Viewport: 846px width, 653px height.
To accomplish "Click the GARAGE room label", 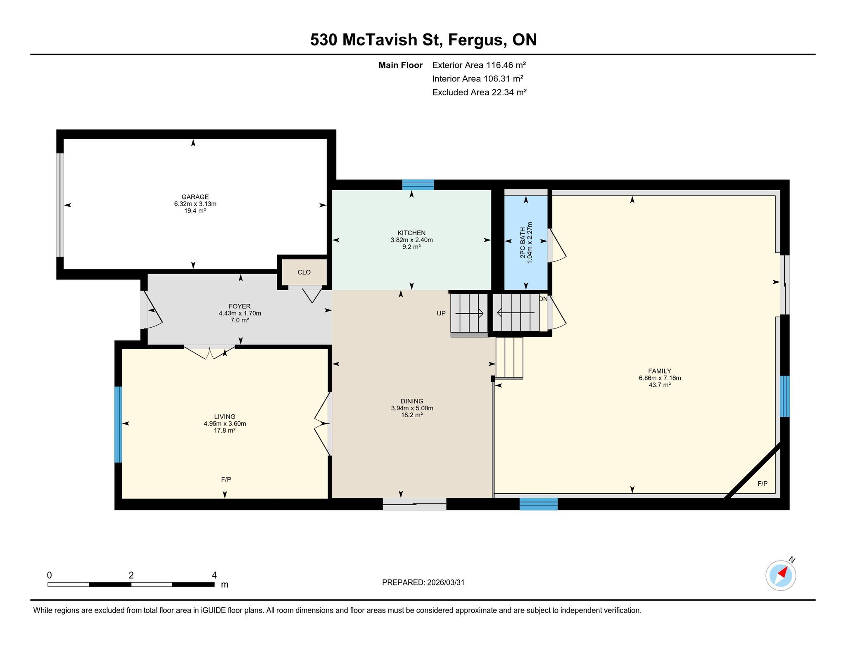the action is tap(195, 197).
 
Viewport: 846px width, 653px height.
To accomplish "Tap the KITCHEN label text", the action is tap(411, 233).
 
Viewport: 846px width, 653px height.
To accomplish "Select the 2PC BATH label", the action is tap(523, 243).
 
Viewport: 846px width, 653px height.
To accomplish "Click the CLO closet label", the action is tap(304, 272).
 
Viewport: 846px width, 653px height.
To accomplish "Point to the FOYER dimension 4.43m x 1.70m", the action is tap(240, 313).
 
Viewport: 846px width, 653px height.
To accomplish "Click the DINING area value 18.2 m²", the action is tap(412, 415).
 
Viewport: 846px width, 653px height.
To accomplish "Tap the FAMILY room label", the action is tap(660, 371).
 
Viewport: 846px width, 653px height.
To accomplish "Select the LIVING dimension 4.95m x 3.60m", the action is tap(225, 424).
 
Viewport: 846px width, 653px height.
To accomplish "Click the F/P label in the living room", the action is tap(226, 480).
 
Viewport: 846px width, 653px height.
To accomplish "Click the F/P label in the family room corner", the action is tap(763, 484).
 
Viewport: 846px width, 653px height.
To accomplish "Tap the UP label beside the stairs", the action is tap(441, 313).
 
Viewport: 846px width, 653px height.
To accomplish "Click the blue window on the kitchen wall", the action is tap(418, 185).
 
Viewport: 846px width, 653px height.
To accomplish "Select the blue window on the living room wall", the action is tap(118, 424).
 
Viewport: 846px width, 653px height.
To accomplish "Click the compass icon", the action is tap(781, 575).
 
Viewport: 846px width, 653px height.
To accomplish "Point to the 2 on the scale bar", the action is tap(131, 575).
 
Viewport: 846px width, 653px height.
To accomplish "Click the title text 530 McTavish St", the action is tap(376, 40).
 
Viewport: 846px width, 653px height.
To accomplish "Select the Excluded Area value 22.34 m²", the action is tap(509, 92).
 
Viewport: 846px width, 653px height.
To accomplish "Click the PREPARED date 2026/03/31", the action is tap(446, 582).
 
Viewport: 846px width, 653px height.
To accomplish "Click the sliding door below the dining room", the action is tap(414, 504).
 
